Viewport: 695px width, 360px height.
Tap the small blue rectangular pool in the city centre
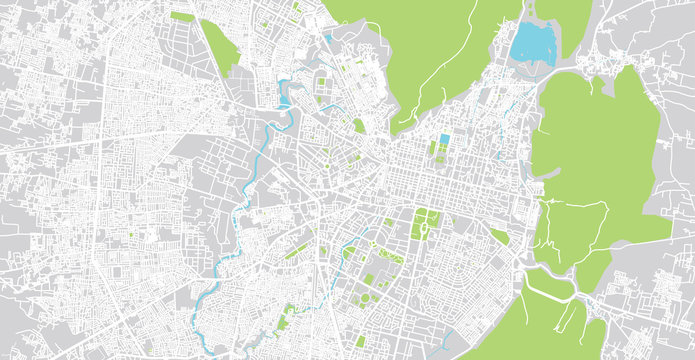[x=444, y=139]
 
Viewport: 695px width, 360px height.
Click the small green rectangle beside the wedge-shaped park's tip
[x=182, y=16]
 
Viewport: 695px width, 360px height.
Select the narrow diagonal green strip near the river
[x=296, y=250]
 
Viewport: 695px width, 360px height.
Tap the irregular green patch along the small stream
[x=287, y=318]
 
